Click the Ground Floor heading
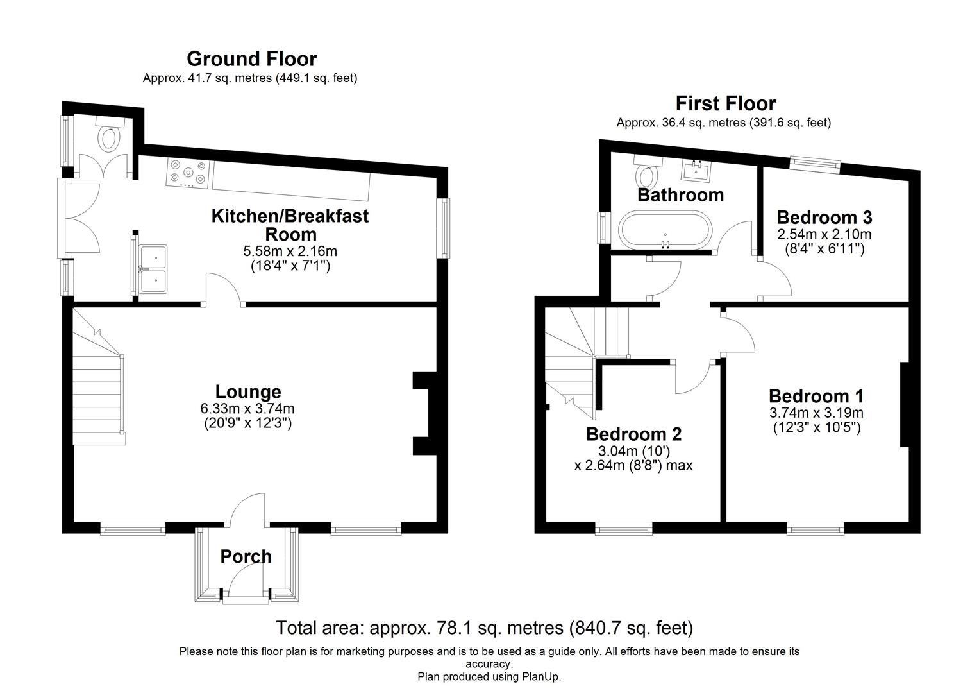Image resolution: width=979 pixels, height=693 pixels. pos(252,58)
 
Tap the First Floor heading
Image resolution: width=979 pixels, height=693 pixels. pos(726,104)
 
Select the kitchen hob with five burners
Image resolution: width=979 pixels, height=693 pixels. pos(188,174)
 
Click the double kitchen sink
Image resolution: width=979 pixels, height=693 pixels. pos(153,269)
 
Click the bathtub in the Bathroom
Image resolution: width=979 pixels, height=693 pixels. pos(665,230)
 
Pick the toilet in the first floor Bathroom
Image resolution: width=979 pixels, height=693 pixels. pos(648,171)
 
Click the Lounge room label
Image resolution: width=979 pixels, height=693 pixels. pos(248,391)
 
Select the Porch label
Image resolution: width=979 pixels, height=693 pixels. pos(246,556)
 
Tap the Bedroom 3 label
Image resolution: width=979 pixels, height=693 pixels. pos(824,217)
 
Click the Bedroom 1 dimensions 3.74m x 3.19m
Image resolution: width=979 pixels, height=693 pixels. pos(816,413)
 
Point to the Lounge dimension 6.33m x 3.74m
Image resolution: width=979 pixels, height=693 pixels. pos(247,409)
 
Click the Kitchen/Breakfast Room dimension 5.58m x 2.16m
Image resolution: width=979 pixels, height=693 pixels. pos(290,251)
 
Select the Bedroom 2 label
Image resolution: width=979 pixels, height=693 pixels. pos(633,434)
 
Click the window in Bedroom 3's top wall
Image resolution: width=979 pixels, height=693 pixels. pos(815,164)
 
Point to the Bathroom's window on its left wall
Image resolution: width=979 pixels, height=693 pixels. pos(604,228)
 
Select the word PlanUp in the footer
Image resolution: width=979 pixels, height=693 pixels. pos(541,677)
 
